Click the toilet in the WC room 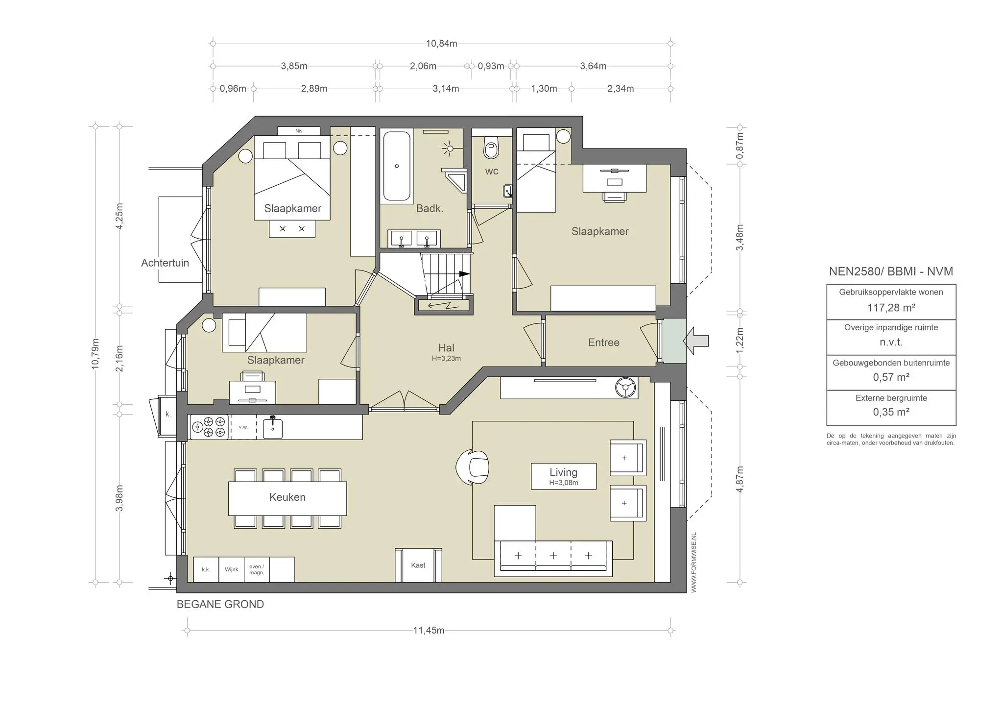[x=491, y=147]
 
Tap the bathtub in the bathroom [x=397, y=166]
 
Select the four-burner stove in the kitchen [x=209, y=427]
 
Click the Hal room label [x=446, y=348]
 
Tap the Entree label [x=603, y=343]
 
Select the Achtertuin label [x=165, y=263]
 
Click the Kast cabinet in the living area [x=418, y=565]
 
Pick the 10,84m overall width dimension [x=441, y=44]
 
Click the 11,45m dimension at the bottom [x=429, y=630]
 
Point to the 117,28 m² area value [x=891, y=308]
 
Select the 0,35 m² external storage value [x=891, y=412]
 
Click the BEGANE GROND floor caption [x=220, y=605]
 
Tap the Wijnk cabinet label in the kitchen [x=232, y=569]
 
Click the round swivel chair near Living [x=473, y=467]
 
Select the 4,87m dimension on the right [x=740, y=479]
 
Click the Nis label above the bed [x=299, y=131]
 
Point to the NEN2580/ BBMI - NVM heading [x=891, y=271]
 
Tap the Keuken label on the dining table [x=287, y=497]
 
